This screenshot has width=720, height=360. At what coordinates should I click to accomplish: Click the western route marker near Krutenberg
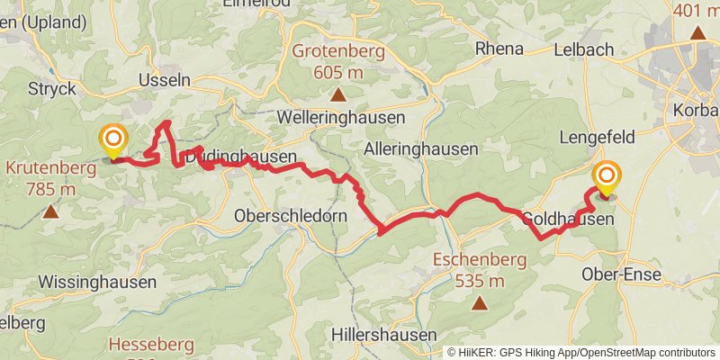tap(113, 139)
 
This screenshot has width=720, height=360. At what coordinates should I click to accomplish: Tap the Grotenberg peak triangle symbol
tap(337, 94)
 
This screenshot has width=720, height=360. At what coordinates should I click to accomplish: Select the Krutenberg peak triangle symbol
tap(50, 213)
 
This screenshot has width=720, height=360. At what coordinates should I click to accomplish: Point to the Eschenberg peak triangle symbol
tap(479, 303)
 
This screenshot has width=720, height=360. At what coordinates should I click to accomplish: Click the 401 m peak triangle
tap(697, 34)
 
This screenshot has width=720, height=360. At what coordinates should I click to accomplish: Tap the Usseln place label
tap(164, 80)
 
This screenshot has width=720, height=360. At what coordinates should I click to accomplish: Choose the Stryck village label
tap(51, 88)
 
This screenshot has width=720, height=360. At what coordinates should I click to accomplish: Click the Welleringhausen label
tap(329, 118)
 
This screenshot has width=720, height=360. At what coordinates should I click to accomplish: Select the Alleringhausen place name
tap(421, 148)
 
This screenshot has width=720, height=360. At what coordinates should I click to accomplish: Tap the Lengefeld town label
tap(598, 137)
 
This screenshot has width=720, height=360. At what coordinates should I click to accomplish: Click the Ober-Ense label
tap(621, 274)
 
